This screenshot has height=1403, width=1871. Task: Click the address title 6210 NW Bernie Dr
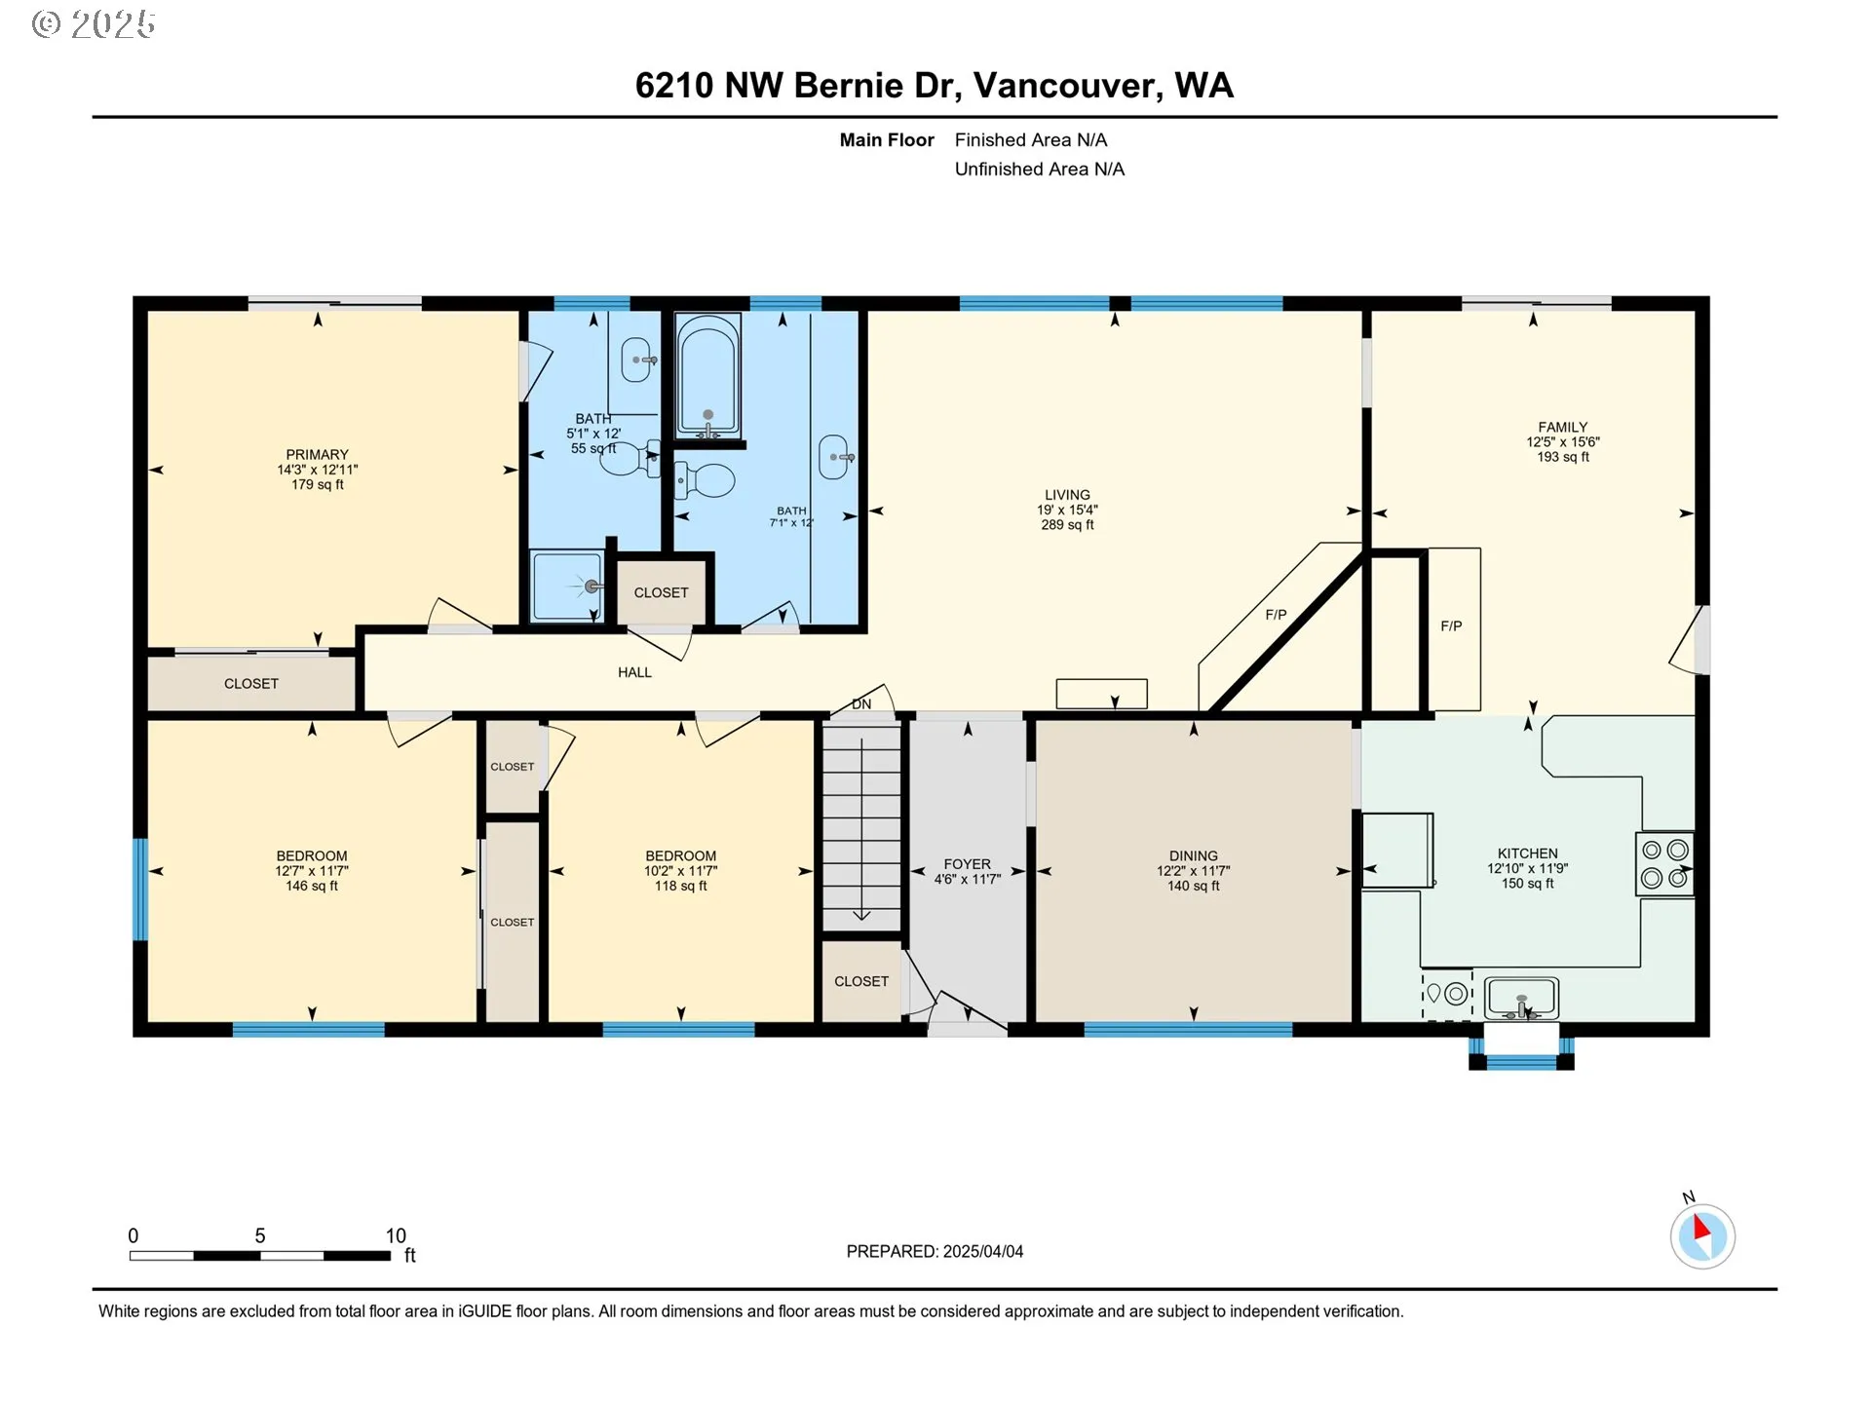click(799, 86)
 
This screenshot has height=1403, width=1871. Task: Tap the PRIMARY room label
click(317, 455)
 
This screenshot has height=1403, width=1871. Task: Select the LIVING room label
click(1067, 495)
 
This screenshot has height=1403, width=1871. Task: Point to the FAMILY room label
click(1562, 427)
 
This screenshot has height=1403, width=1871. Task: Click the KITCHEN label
click(1527, 853)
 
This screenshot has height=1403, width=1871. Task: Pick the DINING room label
click(1193, 855)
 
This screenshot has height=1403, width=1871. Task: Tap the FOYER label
click(967, 864)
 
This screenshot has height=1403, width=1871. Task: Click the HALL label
click(634, 672)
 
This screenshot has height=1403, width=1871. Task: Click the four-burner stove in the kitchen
click(1664, 864)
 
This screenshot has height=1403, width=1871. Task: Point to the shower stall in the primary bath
click(567, 586)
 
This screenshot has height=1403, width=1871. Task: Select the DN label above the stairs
click(861, 704)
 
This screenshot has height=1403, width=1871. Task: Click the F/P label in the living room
click(1276, 615)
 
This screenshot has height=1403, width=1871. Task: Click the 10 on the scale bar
click(396, 1235)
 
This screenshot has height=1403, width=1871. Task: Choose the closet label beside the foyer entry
click(861, 981)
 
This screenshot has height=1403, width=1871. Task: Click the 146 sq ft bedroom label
click(312, 886)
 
